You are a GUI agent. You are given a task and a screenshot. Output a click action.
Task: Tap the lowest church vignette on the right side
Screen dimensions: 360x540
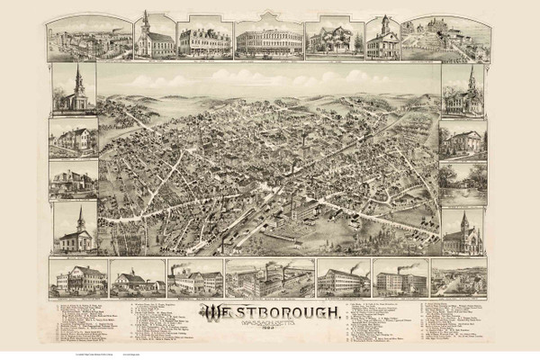click(463, 232)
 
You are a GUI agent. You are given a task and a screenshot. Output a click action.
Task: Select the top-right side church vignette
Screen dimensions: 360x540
click(463, 90)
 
